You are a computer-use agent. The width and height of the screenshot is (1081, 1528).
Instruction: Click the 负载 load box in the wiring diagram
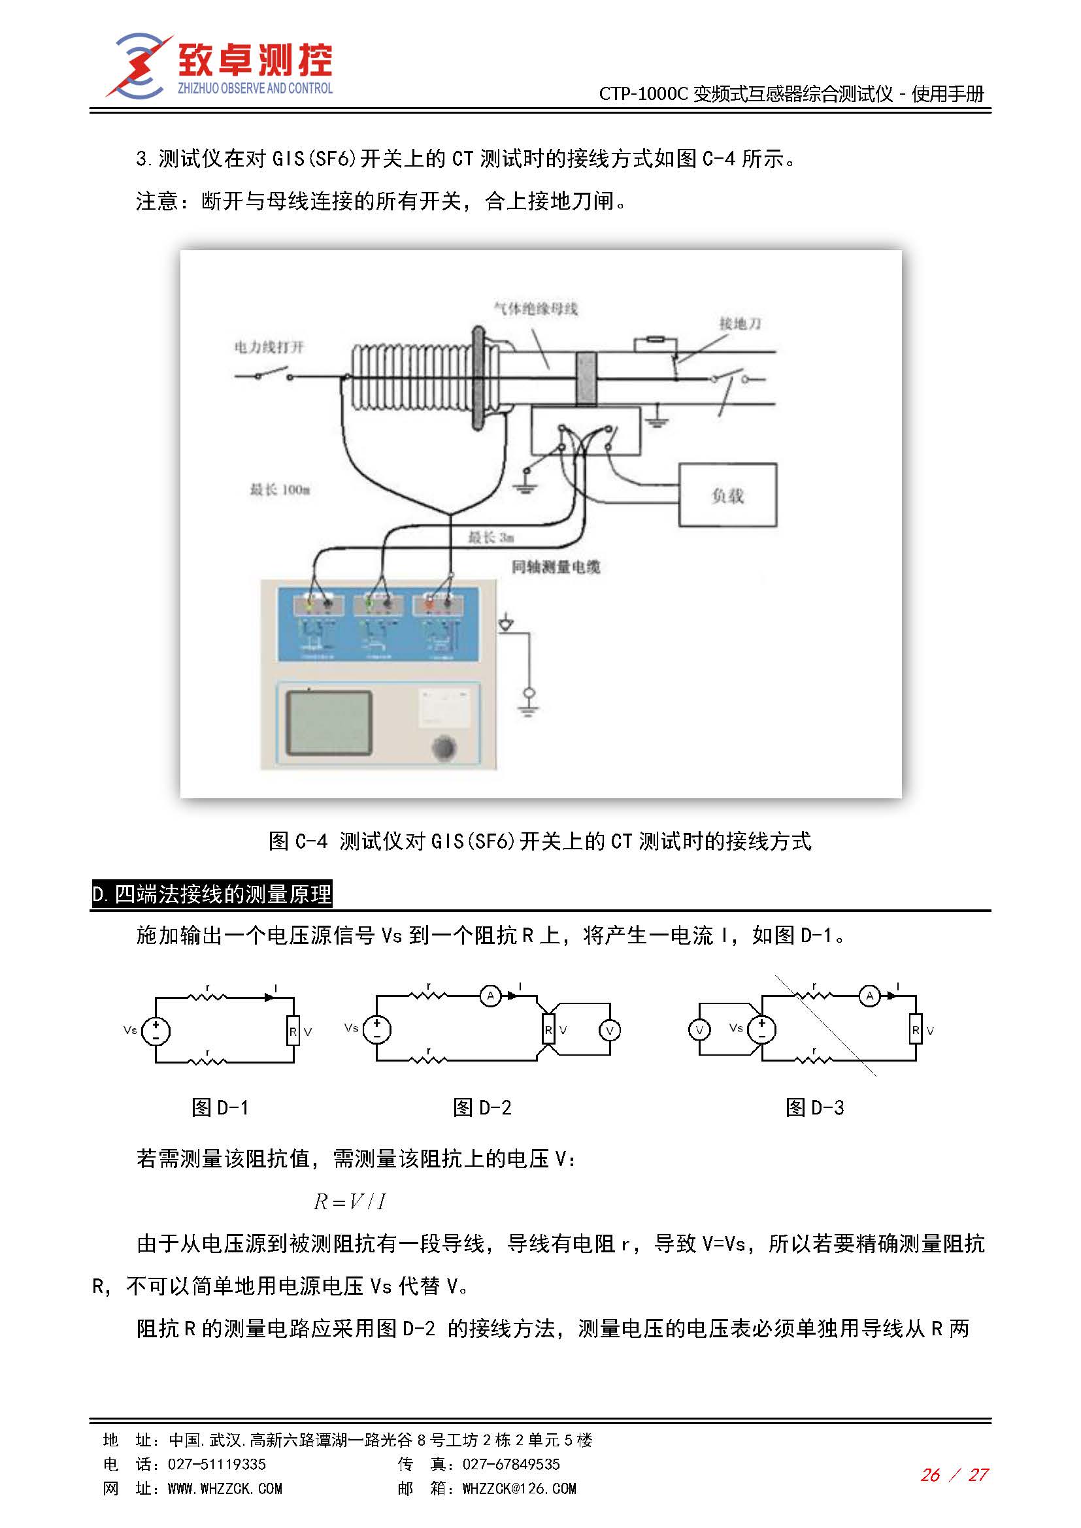727,495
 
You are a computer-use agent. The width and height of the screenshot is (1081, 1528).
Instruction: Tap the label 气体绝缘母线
535,309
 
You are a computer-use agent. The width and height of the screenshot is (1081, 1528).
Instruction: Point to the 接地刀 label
740,323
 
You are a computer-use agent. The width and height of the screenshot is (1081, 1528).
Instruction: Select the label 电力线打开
269,347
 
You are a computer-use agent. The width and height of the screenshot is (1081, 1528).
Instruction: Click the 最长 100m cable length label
280,490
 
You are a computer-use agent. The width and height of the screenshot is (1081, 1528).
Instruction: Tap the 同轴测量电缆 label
556,566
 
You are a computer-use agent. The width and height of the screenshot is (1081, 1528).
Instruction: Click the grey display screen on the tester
328,723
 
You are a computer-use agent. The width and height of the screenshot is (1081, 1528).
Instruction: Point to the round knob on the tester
443,747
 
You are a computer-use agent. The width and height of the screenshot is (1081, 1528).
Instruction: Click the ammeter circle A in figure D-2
491,996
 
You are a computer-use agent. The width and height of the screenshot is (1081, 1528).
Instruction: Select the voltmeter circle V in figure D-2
609,1030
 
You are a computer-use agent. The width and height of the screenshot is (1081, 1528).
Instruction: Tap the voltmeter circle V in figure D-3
699,1030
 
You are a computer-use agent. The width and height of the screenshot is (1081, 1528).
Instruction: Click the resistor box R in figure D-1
293,1032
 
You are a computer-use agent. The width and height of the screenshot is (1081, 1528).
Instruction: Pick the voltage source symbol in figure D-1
156,1031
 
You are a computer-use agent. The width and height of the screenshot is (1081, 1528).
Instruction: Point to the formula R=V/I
350,1202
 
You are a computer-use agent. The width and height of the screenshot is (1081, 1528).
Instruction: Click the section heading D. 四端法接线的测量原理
212,894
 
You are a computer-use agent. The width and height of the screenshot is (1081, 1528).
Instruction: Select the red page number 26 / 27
954,1475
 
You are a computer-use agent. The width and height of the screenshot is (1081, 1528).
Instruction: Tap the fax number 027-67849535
510,1464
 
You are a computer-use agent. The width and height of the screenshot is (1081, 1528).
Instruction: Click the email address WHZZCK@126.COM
519,1489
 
